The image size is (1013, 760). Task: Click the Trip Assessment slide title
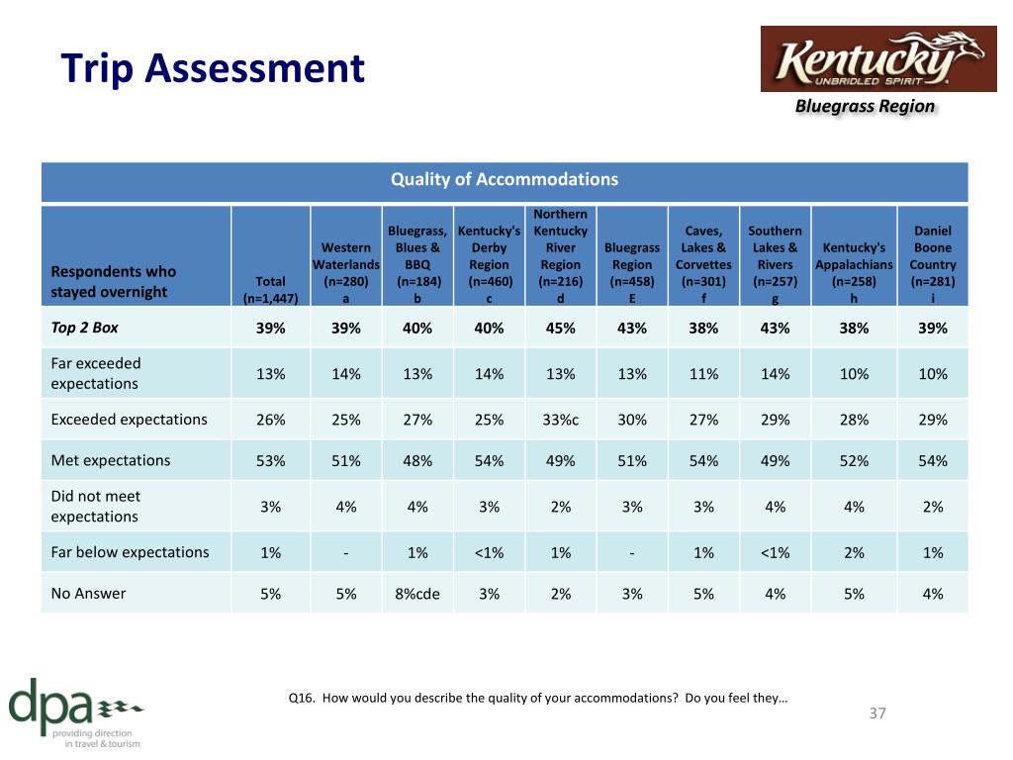pyautogui.click(x=213, y=68)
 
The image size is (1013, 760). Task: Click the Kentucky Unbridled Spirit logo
pyautogui.click(x=878, y=58)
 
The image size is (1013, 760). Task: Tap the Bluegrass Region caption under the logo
pyautogui.click(x=865, y=106)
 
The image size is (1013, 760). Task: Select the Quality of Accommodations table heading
pyautogui.click(x=504, y=179)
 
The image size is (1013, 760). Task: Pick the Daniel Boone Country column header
pyautogui.click(x=932, y=264)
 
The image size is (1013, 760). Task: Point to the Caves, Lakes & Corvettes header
pyautogui.click(x=703, y=264)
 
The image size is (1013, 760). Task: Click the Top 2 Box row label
pyautogui.click(x=85, y=328)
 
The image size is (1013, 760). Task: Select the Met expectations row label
pyautogui.click(x=111, y=460)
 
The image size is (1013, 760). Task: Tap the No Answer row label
pyautogui.click(x=88, y=594)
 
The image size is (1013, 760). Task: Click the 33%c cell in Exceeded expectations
pyautogui.click(x=560, y=420)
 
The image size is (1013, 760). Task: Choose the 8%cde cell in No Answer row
pyautogui.click(x=417, y=594)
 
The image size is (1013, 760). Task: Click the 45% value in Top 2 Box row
pyautogui.click(x=560, y=329)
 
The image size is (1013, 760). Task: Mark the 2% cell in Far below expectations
pyautogui.click(x=854, y=552)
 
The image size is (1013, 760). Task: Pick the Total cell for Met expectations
pyautogui.click(x=270, y=461)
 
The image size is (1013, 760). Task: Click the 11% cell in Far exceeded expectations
pyautogui.click(x=703, y=374)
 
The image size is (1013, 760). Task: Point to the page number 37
pyautogui.click(x=877, y=712)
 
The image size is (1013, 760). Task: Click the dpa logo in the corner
pyautogui.click(x=75, y=712)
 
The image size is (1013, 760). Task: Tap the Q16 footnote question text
pyautogui.click(x=537, y=698)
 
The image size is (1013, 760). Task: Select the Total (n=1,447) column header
pyautogui.click(x=270, y=290)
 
